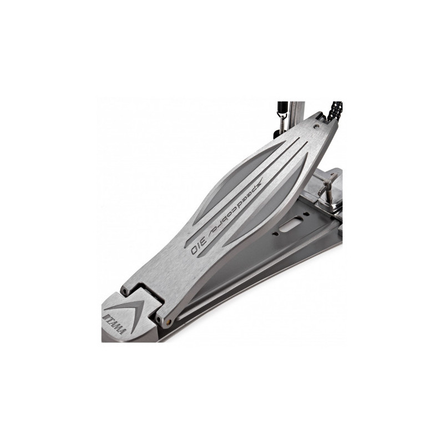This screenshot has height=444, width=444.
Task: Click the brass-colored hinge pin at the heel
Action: tap(169, 321)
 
